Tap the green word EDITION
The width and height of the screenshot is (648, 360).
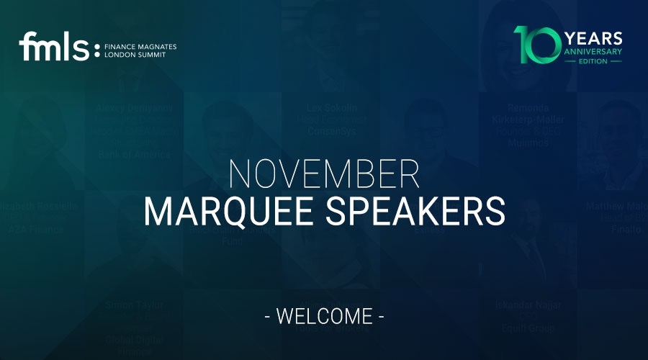tap(594, 61)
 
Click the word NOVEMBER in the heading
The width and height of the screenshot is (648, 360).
tap(324, 174)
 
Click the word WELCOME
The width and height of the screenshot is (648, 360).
tap(324, 316)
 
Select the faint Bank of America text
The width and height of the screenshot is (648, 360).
tap(133, 154)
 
